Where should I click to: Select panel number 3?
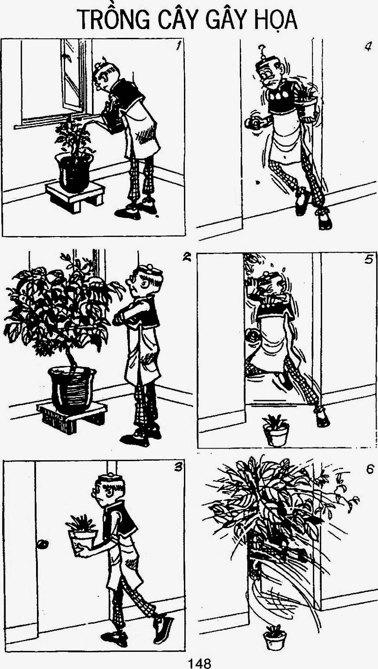[178, 468]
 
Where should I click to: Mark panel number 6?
[369, 469]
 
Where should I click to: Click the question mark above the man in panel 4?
[262, 49]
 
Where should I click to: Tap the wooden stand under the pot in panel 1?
[75, 195]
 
